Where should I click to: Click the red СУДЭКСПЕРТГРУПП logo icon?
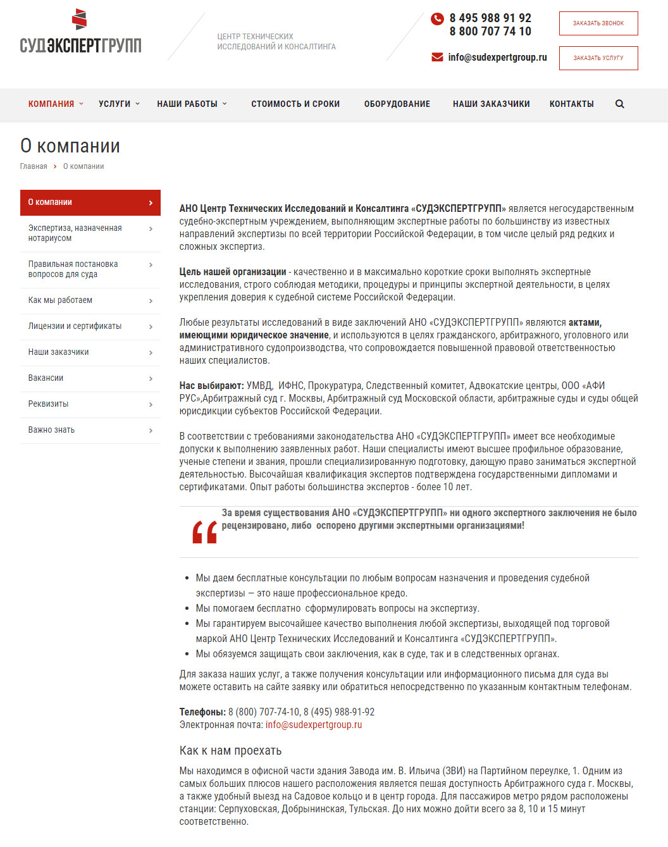[79, 20]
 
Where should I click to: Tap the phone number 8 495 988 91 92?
[490, 18]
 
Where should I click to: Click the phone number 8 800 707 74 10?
[490, 32]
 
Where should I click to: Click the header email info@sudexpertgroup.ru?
[497, 58]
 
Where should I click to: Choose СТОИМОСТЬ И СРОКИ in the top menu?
[295, 104]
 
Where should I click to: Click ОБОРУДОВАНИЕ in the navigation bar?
[397, 104]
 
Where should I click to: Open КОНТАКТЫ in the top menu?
[571, 104]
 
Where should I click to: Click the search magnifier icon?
[620, 104]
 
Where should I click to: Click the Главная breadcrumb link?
[34, 166]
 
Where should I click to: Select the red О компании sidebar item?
[90, 202]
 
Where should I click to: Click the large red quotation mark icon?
[204, 532]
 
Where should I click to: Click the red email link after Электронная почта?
[314, 725]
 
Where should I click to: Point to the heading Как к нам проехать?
[230, 751]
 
